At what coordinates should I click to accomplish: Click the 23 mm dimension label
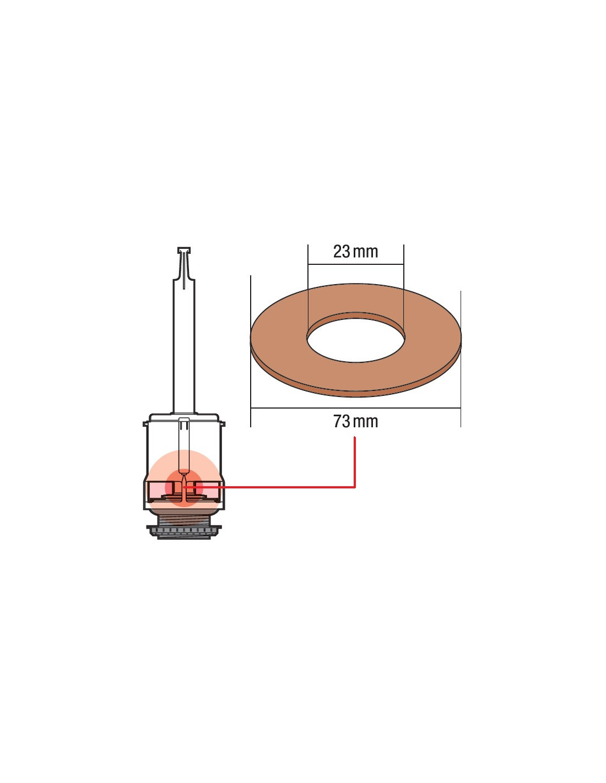(355, 252)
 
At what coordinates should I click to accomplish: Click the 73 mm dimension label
(355, 421)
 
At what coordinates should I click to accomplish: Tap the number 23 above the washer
(342, 252)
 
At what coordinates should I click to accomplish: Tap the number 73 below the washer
(342, 421)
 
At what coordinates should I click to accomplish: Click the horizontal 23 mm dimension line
(356, 264)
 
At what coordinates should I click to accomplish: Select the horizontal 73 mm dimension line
(355, 408)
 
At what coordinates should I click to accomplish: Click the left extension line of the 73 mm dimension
(251, 351)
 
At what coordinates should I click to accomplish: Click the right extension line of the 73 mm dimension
(461, 359)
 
